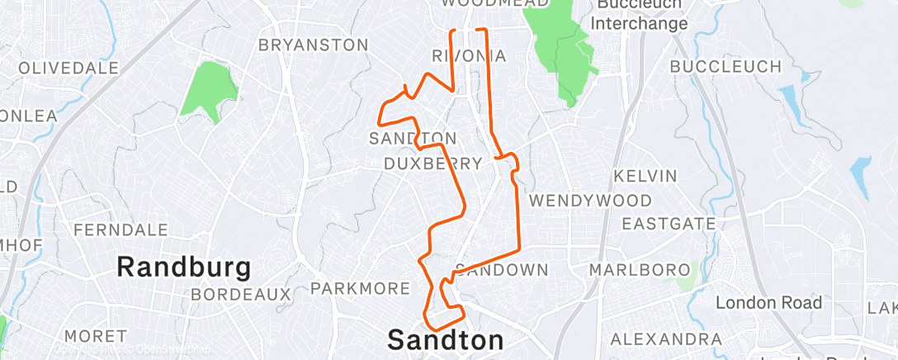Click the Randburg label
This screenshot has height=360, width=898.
click(183, 267)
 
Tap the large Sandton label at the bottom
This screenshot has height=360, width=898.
click(445, 339)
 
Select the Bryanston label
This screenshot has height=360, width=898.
click(313, 45)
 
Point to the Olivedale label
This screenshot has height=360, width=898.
click(69, 68)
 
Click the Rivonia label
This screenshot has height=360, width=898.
click(469, 55)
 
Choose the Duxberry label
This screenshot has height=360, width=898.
click(433, 163)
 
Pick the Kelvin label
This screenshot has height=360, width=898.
click(645, 176)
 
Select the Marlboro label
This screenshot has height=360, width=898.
click(640, 270)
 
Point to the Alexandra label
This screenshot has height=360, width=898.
click(665, 339)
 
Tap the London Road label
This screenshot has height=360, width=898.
click(768, 303)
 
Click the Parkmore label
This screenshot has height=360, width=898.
click(360, 288)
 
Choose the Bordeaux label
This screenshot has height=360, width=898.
click(240, 294)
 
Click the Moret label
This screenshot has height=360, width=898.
click(95, 337)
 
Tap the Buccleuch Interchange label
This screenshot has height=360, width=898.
click(641, 15)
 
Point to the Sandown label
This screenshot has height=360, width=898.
click(502, 270)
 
